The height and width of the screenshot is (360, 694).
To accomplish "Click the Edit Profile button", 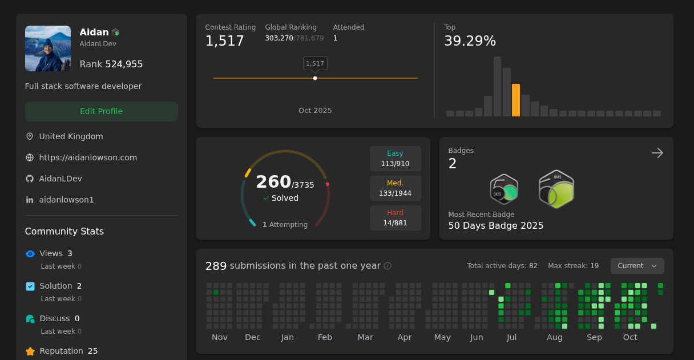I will [101, 111].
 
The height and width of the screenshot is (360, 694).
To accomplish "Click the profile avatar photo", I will [48, 48].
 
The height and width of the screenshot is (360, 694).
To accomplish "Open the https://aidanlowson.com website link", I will [88, 157].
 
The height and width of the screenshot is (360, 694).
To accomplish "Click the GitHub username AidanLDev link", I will [60, 179].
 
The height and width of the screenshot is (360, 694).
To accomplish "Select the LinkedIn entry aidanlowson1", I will [66, 200].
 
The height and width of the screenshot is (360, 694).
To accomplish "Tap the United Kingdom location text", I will [71, 136].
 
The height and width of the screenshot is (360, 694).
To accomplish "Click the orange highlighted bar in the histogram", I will [516, 100].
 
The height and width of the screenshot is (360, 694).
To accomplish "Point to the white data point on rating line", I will [315, 78].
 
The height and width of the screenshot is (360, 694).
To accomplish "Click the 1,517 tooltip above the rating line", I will [315, 63].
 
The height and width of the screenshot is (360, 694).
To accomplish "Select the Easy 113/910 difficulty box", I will [395, 159].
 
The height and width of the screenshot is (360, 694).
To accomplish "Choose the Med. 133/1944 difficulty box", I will [395, 188].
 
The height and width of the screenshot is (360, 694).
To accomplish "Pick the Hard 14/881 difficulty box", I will [395, 218].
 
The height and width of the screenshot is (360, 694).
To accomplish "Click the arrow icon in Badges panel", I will [657, 153].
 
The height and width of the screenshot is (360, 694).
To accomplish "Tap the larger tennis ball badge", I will [556, 189].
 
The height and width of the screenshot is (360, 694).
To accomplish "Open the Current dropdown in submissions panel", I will [637, 266].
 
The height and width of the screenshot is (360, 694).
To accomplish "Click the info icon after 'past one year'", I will [388, 266].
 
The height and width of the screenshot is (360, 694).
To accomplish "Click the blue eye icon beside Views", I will [30, 254].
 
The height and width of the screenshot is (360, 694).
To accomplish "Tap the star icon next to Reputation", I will [30, 351].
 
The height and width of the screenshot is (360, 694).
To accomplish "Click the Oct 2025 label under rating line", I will [315, 111].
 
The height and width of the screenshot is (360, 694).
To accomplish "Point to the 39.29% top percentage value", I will [470, 41].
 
